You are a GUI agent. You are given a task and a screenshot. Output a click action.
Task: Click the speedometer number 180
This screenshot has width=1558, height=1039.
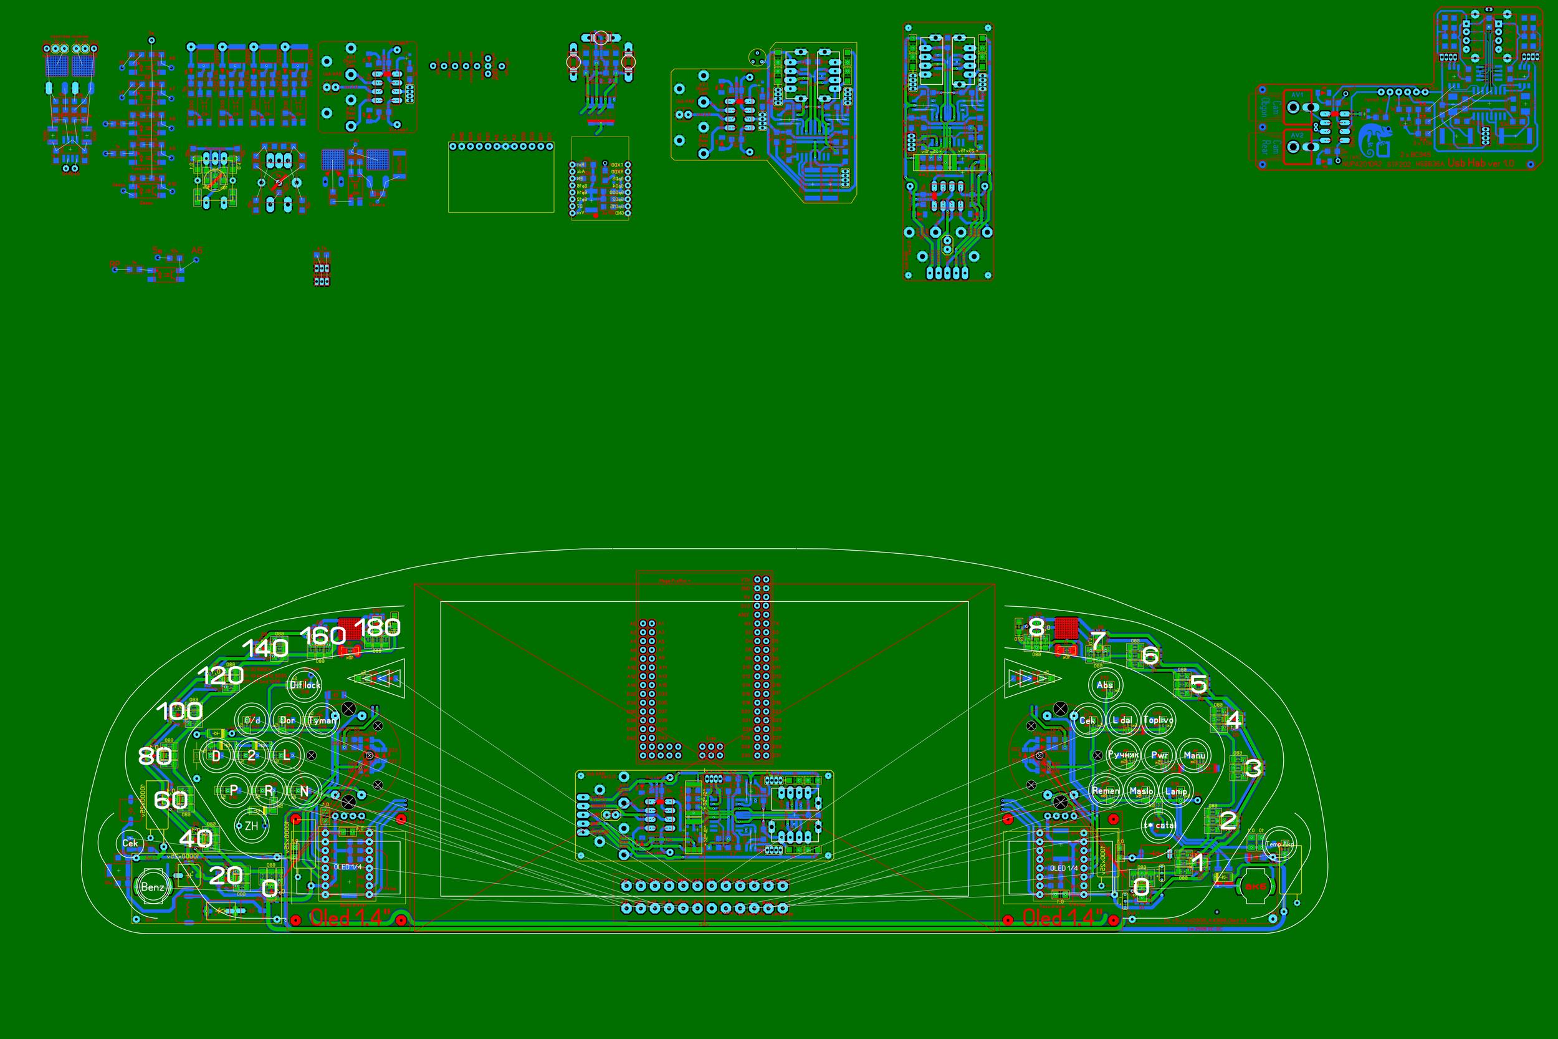click(378, 627)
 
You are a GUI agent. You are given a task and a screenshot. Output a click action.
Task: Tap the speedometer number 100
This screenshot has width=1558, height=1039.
click(179, 712)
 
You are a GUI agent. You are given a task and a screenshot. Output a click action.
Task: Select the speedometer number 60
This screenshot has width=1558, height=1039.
click(170, 800)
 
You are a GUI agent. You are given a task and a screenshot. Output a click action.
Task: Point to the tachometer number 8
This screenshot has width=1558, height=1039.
click(1036, 627)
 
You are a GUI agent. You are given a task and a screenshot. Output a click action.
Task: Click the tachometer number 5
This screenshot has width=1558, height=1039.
click(1198, 684)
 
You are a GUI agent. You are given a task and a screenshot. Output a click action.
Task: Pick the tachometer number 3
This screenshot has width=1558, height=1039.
click(1253, 768)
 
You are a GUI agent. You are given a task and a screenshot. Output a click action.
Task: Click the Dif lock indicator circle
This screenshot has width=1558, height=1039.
click(305, 685)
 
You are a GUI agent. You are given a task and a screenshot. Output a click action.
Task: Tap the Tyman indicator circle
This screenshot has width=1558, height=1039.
click(322, 720)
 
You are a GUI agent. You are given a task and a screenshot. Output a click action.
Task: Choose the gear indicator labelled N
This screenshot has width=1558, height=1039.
click(305, 791)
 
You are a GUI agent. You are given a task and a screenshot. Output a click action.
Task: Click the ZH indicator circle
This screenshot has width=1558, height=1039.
click(251, 826)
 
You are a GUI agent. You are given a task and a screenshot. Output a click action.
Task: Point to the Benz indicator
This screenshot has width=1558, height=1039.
click(152, 887)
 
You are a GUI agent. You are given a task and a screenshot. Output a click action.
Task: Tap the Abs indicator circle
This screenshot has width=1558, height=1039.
click(1105, 685)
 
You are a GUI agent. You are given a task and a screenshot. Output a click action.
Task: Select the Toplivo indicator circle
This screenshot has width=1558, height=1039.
click(1158, 720)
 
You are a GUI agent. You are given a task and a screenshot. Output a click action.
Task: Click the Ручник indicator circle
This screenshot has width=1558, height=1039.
click(1123, 755)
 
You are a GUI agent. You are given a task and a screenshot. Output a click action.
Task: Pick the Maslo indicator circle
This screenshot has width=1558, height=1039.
click(1141, 791)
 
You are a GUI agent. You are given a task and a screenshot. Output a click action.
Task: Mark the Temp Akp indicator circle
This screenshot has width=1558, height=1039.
click(1279, 844)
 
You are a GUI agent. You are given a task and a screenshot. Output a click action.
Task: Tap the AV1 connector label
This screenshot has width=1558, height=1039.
click(1297, 95)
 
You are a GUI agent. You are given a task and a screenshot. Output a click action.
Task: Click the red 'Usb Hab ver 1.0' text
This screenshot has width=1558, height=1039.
click(1481, 163)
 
